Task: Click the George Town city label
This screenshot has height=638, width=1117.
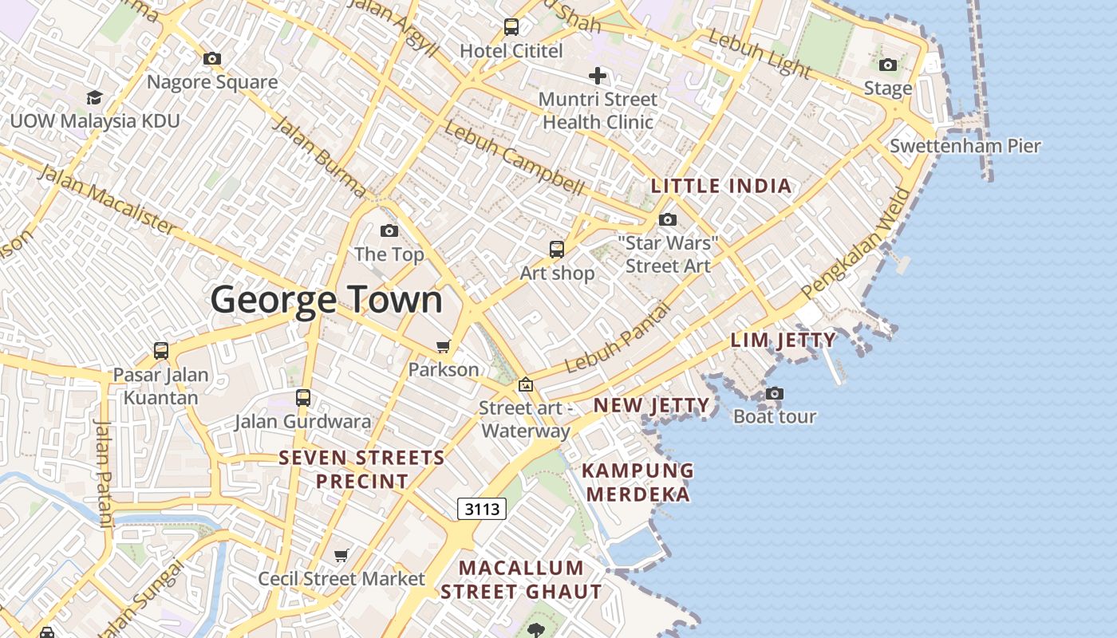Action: pyautogui.click(x=326, y=300)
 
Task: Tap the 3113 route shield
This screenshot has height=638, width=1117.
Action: pyautogui.click(x=482, y=509)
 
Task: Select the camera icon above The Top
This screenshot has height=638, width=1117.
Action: pyautogui.click(x=389, y=231)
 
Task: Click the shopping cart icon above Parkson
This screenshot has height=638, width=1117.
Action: pyautogui.click(x=443, y=346)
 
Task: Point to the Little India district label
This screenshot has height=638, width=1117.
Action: pyautogui.click(x=721, y=187)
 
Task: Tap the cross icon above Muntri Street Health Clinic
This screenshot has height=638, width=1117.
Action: pyautogui.click(x=598, y=76)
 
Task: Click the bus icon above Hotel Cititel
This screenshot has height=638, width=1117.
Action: pyautogui.click(x=511, y=27)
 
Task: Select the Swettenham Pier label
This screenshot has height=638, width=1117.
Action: pyautogui.click(x=965, y=146)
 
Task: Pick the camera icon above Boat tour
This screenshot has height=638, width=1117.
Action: pyautogui.click(x=774, y=393)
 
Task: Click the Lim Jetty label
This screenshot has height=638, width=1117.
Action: pyautogui.click(x=783, y=341)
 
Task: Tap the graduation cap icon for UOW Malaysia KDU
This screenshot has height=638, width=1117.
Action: pyautogui.click(x=95, y=97)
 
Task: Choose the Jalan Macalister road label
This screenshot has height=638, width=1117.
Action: pyautogui.click(x=107, y=199)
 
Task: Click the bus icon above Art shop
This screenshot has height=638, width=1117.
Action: pyautogui.click(x=557, y=250)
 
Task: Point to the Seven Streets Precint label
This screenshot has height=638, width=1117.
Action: pyautogui.click(x=362, y=470)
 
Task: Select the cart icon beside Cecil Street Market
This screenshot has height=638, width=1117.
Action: pyautogui.click(x=341, y=555)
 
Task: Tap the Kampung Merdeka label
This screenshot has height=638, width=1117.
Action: pyautogui.click(x=638, y=482)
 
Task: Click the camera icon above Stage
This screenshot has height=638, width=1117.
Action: pyautogui.click(x=887, y=65)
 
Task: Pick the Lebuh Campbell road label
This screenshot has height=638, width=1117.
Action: pyautogui.click(x=515, y=157)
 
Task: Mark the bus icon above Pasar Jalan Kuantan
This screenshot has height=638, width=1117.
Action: pyautogui.click(x=161, y=351)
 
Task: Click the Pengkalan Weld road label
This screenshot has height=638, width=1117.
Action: pyautogui.click(x=857, y=244)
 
